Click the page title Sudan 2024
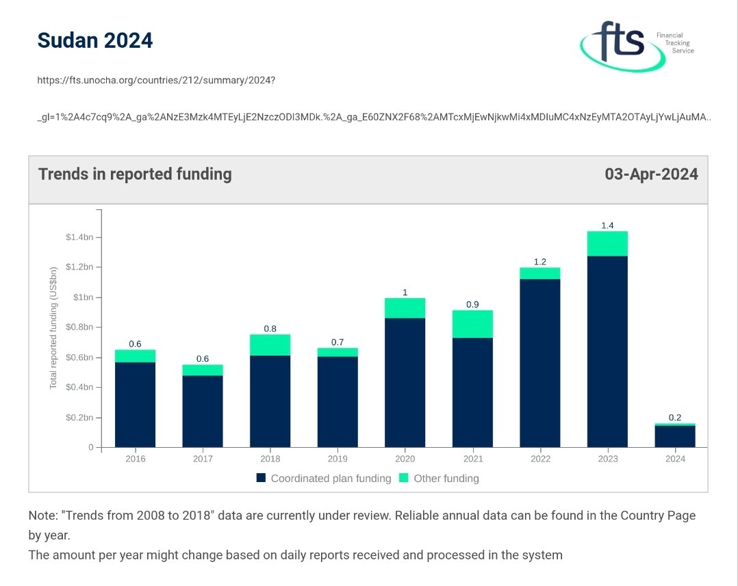click(x=94, y=40)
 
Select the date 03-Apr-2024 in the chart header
click(x=650, y=174)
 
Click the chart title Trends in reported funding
click(x=135, y=174)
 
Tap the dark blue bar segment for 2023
click(x=607, y=351)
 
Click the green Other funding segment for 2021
click(x=472, y=324)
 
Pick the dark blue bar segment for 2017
click(x=203, y=411)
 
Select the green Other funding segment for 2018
click(x=270, y=345)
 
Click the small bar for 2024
click(x=674, y=436)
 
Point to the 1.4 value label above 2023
click(x=607, y=225)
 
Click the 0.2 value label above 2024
click(x=674, y=417)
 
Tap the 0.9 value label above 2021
click(x=472, y=304)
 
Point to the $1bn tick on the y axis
click(x=84, y=297)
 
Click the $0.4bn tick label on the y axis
click(x=81, y=388)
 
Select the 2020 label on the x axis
click(x=405, y=459)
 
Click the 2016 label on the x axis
click(x=136, y=459)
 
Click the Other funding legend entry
click(x=438, y=479)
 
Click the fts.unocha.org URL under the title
click(x=156, y=80)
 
